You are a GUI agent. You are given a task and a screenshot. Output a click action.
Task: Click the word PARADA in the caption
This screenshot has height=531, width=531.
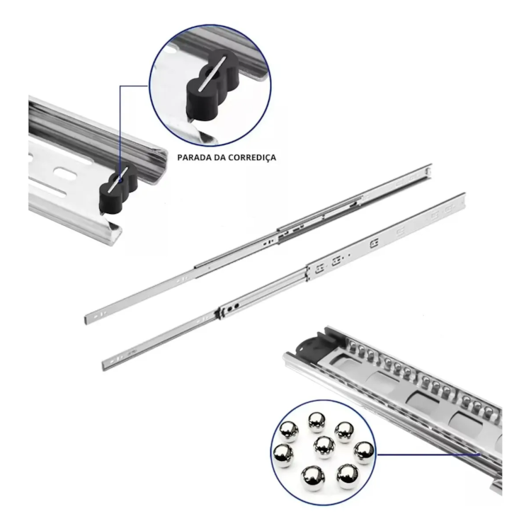coord(194,157)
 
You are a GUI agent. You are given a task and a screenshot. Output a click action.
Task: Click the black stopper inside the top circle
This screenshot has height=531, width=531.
coord(212,85)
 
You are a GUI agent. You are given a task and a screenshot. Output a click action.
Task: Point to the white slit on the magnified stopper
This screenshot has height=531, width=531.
coord(212,73)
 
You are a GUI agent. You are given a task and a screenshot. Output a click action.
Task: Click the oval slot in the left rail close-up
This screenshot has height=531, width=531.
coord(65,172)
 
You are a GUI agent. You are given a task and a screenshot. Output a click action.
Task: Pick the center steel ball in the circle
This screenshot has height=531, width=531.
coord(324,447)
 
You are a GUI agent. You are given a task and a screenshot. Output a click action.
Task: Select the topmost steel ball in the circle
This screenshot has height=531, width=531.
coord(317,422)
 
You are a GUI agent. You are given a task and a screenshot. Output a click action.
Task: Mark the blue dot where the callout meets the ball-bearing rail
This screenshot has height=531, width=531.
coord(479,455)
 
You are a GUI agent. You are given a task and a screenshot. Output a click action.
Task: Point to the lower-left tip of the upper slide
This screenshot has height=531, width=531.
coord(86,321)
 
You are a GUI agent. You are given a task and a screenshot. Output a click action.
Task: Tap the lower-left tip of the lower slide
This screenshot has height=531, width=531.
coord(103,367)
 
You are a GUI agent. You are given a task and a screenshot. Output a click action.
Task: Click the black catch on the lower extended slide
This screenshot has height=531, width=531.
coord(219,313)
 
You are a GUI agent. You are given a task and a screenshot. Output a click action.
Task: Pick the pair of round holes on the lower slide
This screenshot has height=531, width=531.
coord(233,307)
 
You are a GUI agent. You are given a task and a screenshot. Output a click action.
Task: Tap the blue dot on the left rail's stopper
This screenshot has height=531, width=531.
coord(119,181)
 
